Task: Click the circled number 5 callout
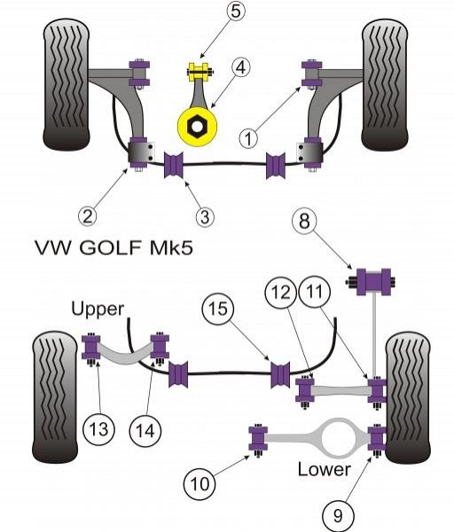[x=236, y=11]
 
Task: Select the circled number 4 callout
[x=240, y=67]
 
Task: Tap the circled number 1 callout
[x=248, y=139]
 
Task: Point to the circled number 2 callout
[x=87, y=215]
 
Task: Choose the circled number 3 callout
[x=205, y=216]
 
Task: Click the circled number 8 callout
[x=304, y=221]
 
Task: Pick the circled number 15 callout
[x=218, y=309]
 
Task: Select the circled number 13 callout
[x=98, y=429]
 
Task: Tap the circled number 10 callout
[x=200, y=483]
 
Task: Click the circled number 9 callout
[x=338, y=516]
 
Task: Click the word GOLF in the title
[x=110, y=247]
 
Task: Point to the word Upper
[x=98, y=309]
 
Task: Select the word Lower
[x=324, y=469]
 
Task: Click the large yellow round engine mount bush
[x=197, y=127]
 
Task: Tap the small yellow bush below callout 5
[x=200, y=72]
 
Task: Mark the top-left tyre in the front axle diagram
[x=67, y=85]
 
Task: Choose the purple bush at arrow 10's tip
[x=258, y=440]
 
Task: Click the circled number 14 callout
[x=145, y=431]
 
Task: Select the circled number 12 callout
[x=281, y=293]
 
